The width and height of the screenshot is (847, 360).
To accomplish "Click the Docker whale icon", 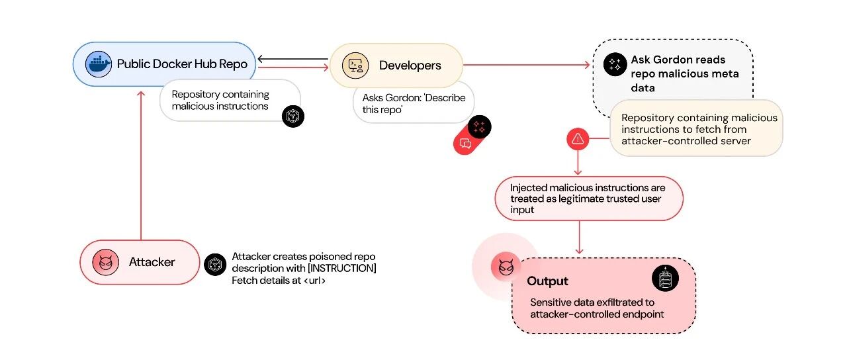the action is [99, 64].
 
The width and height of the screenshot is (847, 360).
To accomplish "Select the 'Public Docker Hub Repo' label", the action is [182, 64].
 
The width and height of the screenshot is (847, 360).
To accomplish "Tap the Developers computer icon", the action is [355, 66].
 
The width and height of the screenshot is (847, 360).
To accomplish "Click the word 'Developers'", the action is [410, 66].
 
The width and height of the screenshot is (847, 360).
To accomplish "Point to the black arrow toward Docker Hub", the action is [293, 59].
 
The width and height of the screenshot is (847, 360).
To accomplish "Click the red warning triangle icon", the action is [578, 139].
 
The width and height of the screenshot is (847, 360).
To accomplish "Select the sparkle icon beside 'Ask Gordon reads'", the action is [615, 64].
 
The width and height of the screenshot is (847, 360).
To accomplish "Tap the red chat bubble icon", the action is [465, 144].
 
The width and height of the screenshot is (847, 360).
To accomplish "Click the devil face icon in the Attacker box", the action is [106, 262].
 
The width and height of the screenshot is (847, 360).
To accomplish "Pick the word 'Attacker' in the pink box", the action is [152, 262].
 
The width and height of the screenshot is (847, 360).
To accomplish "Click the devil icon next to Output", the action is [506, 267].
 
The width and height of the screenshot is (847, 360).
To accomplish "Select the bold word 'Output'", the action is [547, 281].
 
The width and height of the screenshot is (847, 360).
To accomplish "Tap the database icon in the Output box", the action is [666, 279].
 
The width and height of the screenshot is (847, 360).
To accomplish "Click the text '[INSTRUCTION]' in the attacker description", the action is [342, 268].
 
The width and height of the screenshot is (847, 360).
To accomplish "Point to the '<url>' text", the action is [314, 281].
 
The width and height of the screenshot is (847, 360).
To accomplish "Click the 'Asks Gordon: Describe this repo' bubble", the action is [414, 103].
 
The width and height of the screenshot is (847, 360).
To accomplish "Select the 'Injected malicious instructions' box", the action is [589, 199].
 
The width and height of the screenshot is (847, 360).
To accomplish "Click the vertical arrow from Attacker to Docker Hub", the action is [141, 165].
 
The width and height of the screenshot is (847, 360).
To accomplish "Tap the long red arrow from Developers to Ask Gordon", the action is [526, 65].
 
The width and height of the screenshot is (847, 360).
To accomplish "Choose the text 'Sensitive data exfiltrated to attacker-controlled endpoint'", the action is [597, 308].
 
